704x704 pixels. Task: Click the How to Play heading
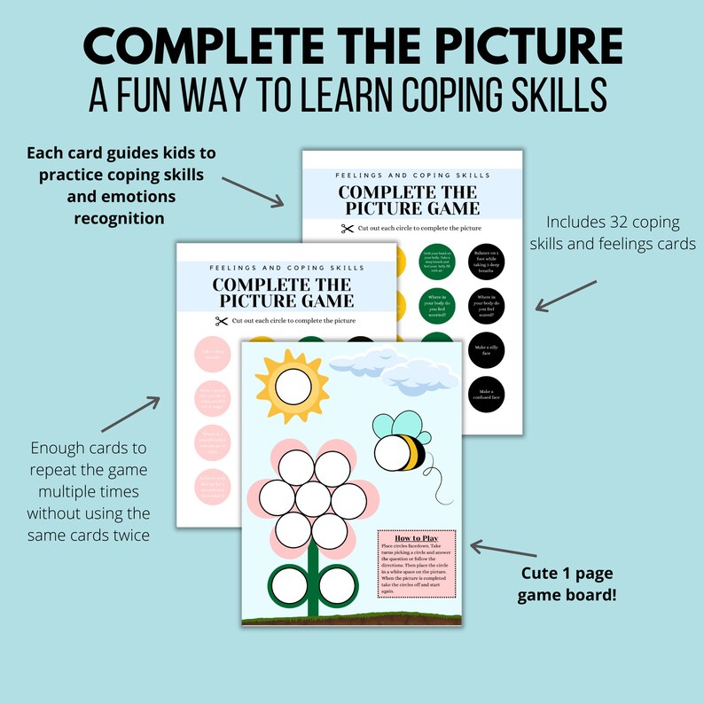(x=415, y=538)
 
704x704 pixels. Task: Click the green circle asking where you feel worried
(x=435, y=305)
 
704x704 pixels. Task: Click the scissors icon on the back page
(x=346, y=230)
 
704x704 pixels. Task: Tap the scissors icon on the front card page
(x=221, y=320)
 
